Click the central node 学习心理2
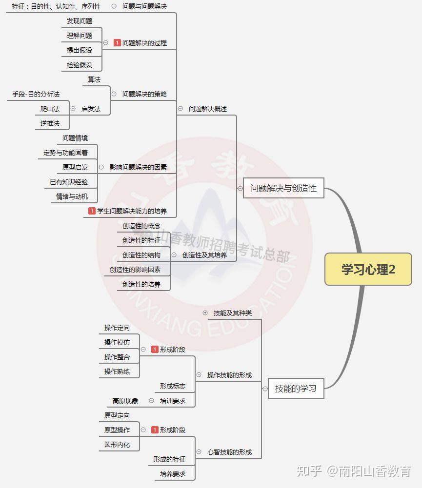click(x=368, y=269)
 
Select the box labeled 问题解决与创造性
click(x=283, y=188)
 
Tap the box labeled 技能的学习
click(x=296, y=389)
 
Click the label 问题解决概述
click(x=208, y=109)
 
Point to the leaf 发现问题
click(x=80, y=21)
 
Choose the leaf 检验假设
click(x=80, y=64)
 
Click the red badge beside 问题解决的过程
click(x=117, y=43)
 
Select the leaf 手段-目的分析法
click(x=36, y=94)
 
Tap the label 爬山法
click(x=50, y=109)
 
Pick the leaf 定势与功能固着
click(x=65, y=153)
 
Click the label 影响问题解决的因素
click(x=138, y=167)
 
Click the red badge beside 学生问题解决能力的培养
click(x=92, y=211)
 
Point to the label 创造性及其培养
click(x=204, y=255)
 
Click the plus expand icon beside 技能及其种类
click(x=205, y=313)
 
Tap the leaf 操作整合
click(x=117, y=357)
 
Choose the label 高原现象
click(x=125, y=401)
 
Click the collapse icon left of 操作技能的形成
click(x=199, y=375)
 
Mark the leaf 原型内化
click(x=117, y=445)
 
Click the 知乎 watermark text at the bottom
click(x=309, y=471)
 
